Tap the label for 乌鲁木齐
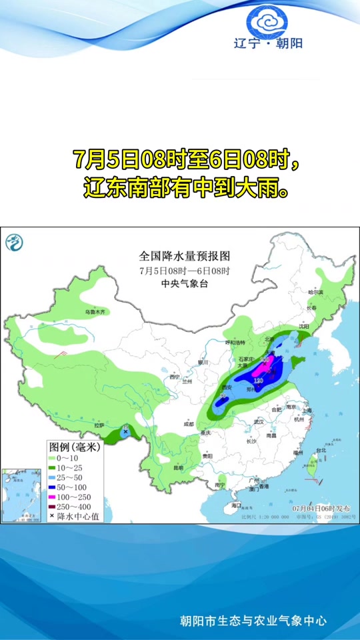95,312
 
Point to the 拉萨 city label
100,425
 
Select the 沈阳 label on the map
305,327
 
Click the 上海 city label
308,411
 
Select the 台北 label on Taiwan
321,450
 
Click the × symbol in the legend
52,516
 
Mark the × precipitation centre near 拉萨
125,432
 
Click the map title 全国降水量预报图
184,256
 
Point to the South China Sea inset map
21,494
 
